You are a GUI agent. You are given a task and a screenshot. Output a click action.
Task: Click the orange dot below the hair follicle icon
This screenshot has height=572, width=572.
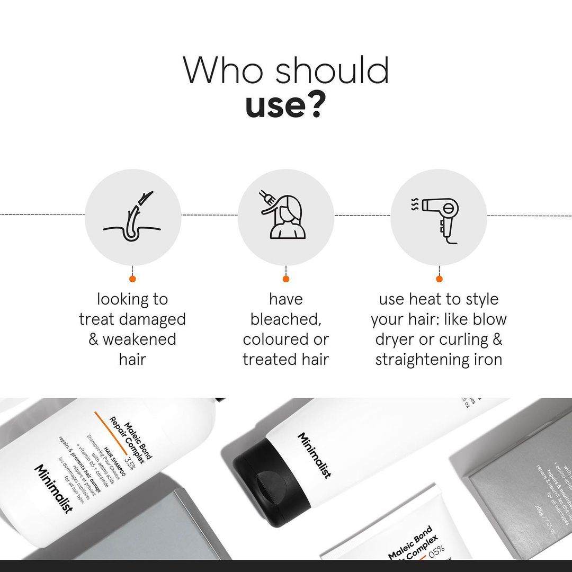pos(132,279)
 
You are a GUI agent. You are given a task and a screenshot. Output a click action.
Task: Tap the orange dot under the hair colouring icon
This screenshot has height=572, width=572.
pos(285,279)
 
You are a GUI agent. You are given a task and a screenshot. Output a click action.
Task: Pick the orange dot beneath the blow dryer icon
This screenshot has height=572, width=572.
pos(439,279)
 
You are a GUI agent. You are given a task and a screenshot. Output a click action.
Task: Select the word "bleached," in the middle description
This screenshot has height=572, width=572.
pos(285,319)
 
